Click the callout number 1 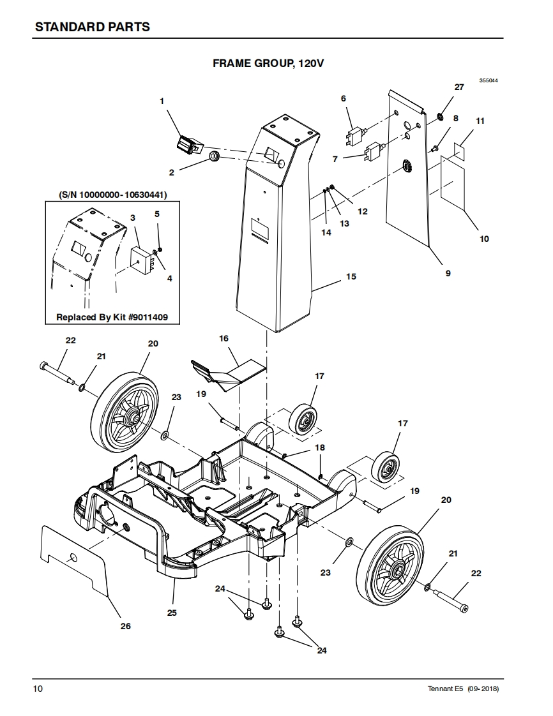(x=162, y=101)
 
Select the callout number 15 (x=351, y=277)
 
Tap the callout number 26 (x=126, y=626)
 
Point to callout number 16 (x=223, y=338)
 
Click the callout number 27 (x=459, y=87)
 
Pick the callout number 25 (x=171, y=613)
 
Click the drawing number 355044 (x=489, y=80)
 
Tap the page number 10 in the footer (x=38, y=689)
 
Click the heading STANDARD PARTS (x=93, y=27)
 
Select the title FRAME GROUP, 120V (x=268, y=63)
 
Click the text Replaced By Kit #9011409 (x=112, y=317)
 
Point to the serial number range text (x=113, y=195)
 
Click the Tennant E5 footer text (x=463, y=689)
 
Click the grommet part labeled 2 (x=215, y=156)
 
